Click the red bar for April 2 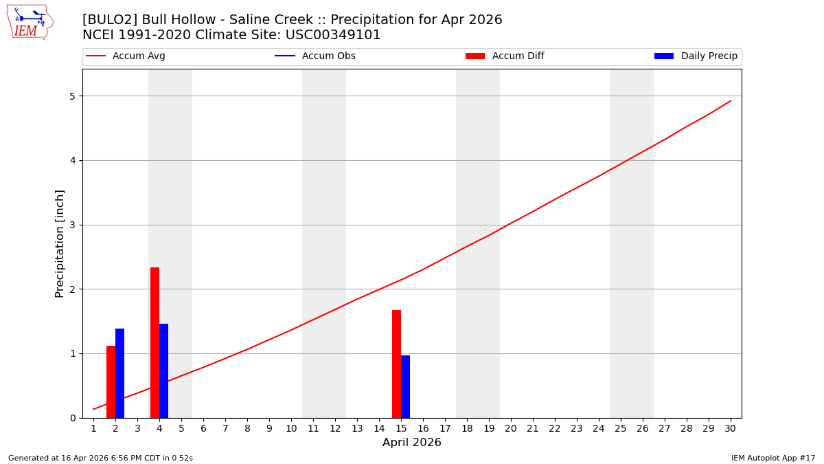[111, 382]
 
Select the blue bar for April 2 [119, 373]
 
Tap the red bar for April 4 [154, 342]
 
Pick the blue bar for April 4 [163, 371]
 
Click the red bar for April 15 [396, 364]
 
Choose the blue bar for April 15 [405, 386]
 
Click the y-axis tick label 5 [71, 96]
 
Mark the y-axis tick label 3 [71, 225]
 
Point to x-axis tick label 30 [730, 428]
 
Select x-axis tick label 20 [510, 428]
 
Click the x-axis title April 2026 [411, 443]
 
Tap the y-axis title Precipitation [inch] [60, 243]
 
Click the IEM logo [30, 21]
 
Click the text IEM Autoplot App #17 [772, 458]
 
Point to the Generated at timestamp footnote [100, 458]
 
